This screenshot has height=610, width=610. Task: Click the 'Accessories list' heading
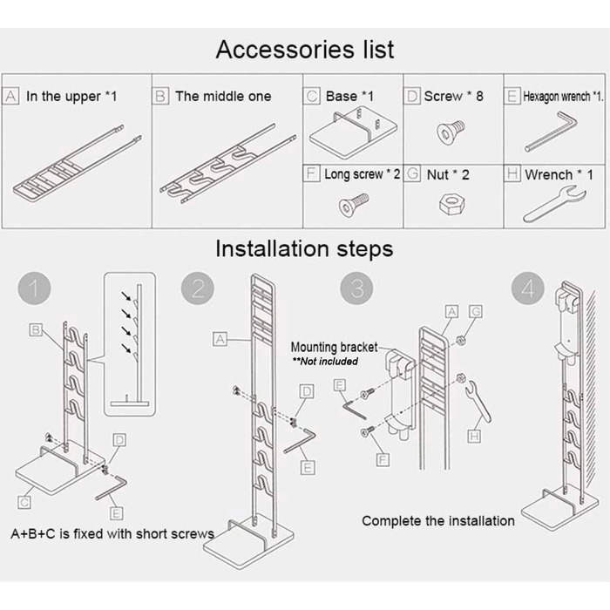point(304,50)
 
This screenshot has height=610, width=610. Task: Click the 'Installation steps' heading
point(304,248)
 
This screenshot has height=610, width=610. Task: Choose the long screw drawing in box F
point(351,207)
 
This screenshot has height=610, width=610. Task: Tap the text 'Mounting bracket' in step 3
point(334,347)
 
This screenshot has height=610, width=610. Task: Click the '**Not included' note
point(324,361)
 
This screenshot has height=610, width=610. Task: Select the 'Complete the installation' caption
point(437,520)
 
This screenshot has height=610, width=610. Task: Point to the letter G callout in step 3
point(475,309)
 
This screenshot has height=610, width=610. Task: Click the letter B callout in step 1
point(36,330)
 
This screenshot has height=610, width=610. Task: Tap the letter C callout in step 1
point(24,502)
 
